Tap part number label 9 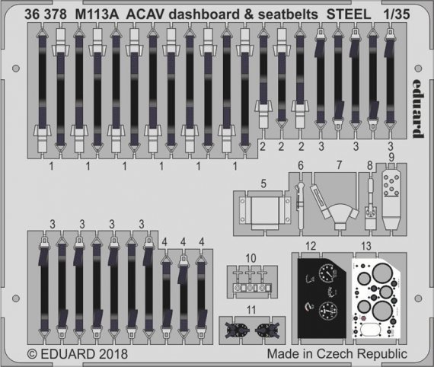point(391,158)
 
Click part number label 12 point(309,245)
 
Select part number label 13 point(366,245)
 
